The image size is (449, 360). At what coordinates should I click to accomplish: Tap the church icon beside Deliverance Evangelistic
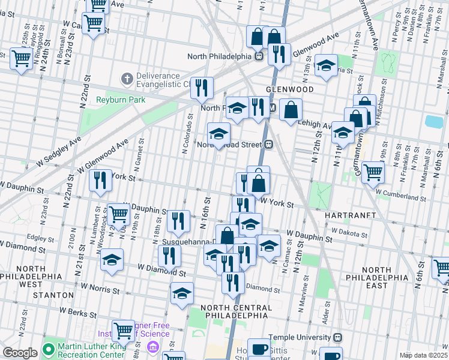[x=127, y=78]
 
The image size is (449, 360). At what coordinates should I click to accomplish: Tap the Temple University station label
[x=300, y=338]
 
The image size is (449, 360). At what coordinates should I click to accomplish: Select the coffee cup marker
[x=259, y=349]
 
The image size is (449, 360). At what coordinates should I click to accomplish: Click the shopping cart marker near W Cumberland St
[x=373, y=173]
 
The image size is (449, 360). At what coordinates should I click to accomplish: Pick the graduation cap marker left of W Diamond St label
[x=112, y=260]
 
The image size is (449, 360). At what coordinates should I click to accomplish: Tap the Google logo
[x=20, y=353]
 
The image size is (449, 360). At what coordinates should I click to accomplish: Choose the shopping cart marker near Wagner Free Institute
[x=123, y=329]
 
